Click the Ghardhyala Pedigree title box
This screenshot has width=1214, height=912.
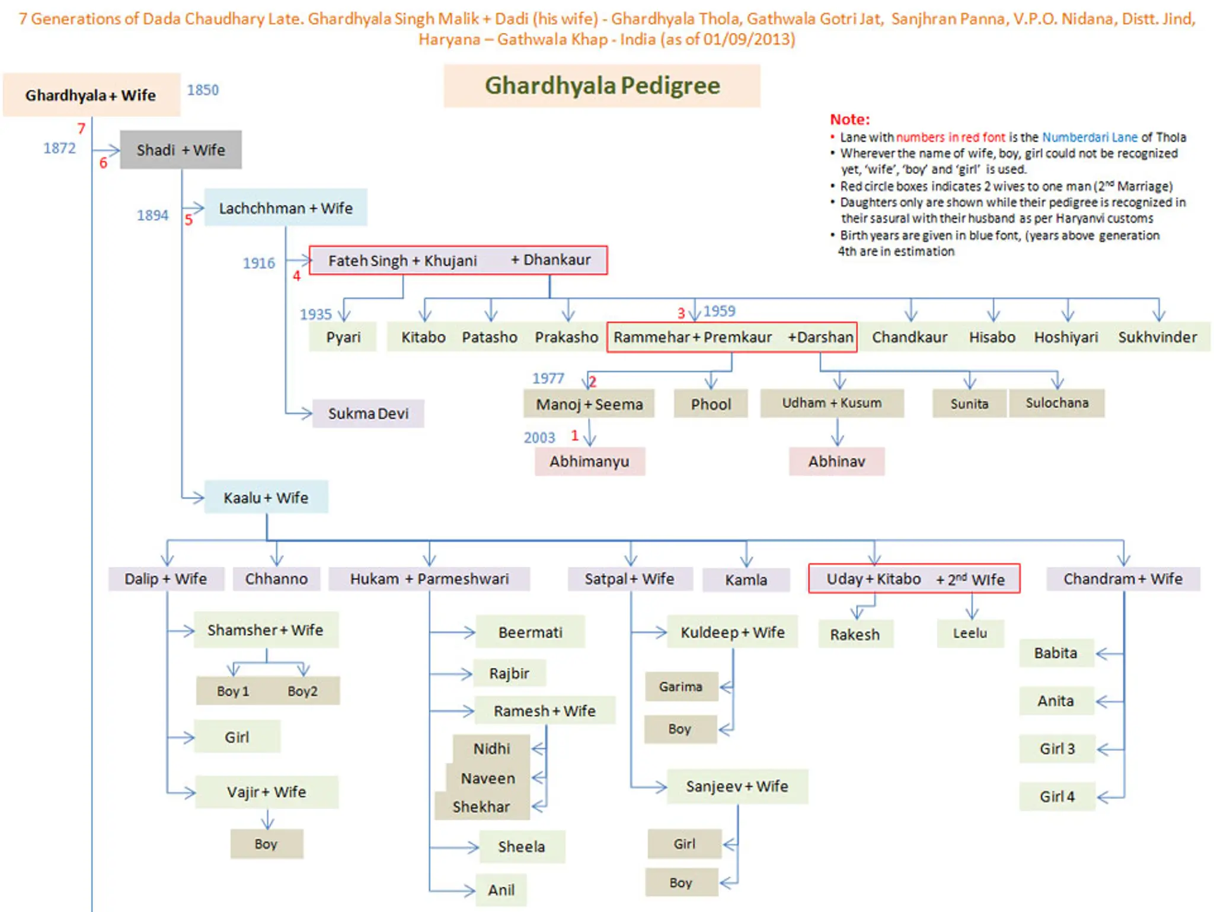(x=602, y=86)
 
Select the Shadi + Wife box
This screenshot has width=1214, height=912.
(x=181, y=150)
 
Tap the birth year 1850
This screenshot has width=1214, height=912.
(x=203, y=90)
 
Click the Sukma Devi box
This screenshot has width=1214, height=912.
(x=368, y=413)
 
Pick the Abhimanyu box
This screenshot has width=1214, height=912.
(x=589, y=461)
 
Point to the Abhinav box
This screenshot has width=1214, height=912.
(x=836, y=461)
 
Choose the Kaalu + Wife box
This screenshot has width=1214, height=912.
(x=266, y=498)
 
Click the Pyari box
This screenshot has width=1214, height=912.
(x=343, y=337)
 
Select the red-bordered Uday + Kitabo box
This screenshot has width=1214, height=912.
(x=913, y=579)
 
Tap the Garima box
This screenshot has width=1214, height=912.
(x=681, y=687)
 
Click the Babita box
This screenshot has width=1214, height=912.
(x=1055, y=653)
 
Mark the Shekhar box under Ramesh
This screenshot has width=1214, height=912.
(x=481, y=806)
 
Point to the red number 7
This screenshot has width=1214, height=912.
(x=81, y=128)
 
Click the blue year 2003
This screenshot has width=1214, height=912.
(x=539, y=438)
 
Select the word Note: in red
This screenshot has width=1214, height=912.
(x=849, y=119)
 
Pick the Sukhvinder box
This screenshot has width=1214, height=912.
(x=1157, y=337)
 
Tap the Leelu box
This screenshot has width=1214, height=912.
(x=970, y=633)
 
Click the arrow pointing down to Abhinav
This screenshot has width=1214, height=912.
(x=837, y=435)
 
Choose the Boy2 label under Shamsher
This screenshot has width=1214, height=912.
(x=302, y=691)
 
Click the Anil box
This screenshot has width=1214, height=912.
(x=501, y=889)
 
